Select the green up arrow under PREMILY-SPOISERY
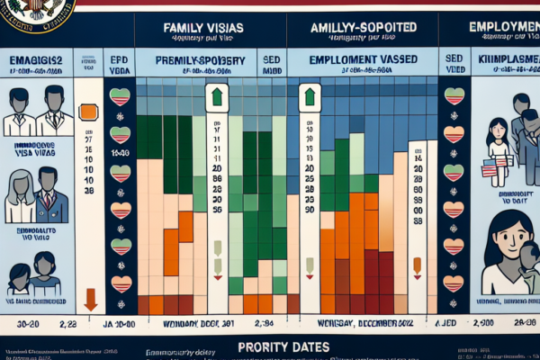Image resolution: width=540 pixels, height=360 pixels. [x=216, y=96]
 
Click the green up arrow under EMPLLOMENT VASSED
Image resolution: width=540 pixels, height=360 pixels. [x=309, y=95]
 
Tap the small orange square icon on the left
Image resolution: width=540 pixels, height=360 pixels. [x=88, y=112]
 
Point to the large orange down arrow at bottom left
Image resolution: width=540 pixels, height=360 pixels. [x=90, y=299]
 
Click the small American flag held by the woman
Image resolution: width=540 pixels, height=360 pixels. [x=489, y=168]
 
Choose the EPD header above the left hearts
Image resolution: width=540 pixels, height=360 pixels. [x=119, y=60]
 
